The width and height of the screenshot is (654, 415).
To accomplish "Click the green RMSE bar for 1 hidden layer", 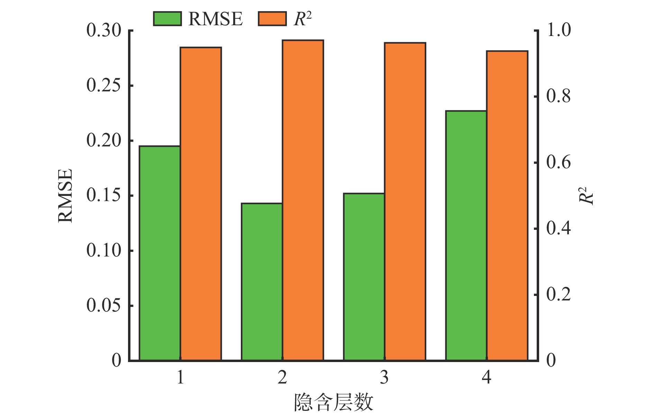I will (160, 253).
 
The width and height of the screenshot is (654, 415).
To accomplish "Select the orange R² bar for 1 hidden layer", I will (201, 204).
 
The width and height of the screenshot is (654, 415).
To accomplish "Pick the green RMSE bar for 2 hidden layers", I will (262, 282).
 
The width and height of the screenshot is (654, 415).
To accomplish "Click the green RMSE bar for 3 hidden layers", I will (364, 277).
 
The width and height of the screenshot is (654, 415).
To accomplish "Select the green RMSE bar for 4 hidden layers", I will (466, 236).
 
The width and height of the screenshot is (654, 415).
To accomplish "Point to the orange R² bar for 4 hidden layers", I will (507, 206).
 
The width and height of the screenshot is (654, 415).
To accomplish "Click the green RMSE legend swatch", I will (167, 19).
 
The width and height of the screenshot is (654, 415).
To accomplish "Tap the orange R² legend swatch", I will (272, 19).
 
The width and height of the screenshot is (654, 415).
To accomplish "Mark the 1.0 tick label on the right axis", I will (558, 30).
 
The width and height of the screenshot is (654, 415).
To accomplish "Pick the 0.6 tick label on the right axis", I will (558, 163).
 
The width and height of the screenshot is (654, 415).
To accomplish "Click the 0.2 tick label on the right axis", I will (558, 295).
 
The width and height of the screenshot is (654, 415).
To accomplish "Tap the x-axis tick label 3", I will (384, 377).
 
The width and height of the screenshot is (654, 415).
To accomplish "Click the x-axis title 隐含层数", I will (334, 403).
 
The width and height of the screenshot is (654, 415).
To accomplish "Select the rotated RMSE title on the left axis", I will (65, 196).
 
